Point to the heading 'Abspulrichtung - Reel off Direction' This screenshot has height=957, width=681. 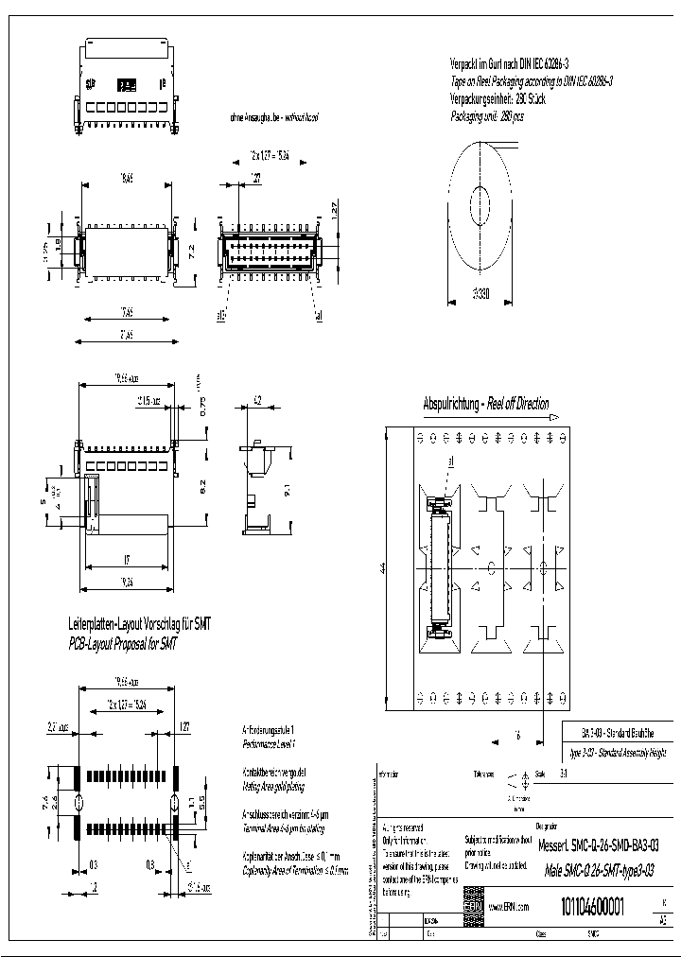pyautogui.click(x=486, y=404)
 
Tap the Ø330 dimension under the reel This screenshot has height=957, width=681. pyautogui.click(x=482, y=292)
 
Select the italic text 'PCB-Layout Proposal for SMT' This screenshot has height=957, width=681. pyautogui.click(x=123, y=643)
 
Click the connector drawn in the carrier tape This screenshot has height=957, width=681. pyautogui.click(x=439, y=568)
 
